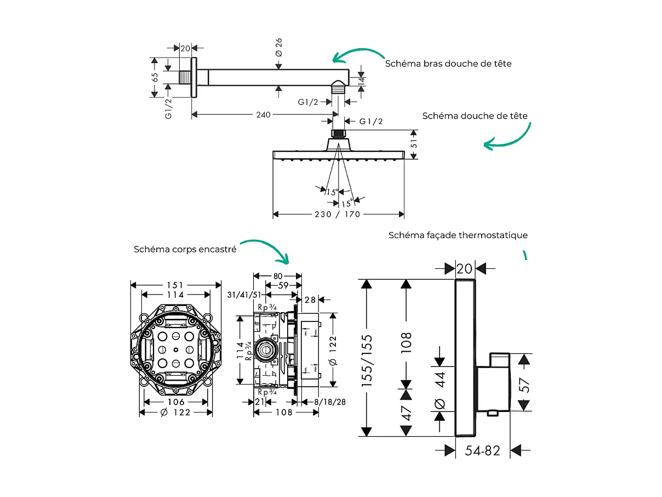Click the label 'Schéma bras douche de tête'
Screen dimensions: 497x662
click(x=448, y=64)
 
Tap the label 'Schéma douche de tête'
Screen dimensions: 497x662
click(x=475, y=116)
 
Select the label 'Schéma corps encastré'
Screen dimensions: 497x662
click(x=185, y=249)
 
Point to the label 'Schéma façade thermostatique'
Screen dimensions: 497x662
click(x=458, y=235)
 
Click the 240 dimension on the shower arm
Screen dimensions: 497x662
click(x=264, y=115)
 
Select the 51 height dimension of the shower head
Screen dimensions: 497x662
click(x=415, y=144)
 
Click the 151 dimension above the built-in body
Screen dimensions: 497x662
click(x=175, y=285)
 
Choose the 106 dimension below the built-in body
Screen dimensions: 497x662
click(x=175, y=402)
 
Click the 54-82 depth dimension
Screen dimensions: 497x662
click(x=483, y=451)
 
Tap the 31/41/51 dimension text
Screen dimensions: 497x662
click(x=243, y=295)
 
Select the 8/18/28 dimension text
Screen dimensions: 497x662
click(x=329, y=402)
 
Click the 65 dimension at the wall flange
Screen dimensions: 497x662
click(x=155, y=77)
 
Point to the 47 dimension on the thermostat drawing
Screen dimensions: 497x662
click(x=406, y=413)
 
